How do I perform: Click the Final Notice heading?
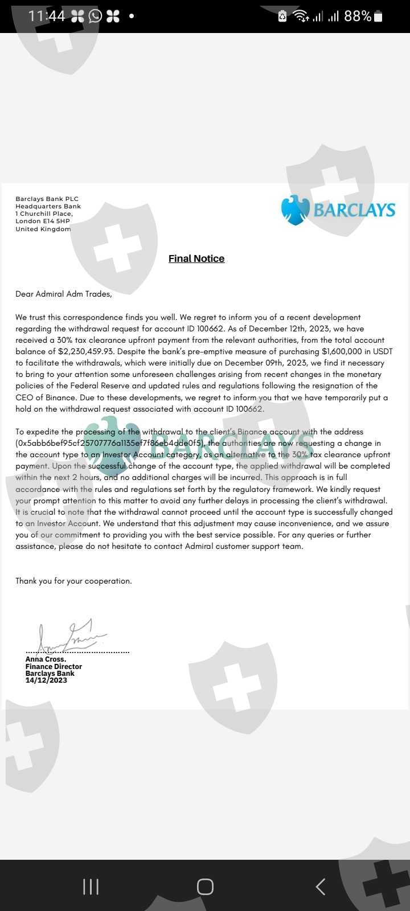pos(196,258)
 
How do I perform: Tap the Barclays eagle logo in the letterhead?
pos(295,210)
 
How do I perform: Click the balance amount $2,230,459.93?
pos(85,351)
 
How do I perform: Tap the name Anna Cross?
pos(46,659)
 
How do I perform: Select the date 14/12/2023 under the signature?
pos(46,680)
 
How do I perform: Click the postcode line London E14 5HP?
pos(43,221)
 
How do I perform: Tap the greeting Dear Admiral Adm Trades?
pos(64,294)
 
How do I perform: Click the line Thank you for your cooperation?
pos(73,581)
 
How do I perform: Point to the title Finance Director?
pos(54,667)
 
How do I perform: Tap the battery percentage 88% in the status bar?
pos(358,16)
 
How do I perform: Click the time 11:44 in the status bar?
pos(47,16)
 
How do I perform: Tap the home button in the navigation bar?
pos(205,887)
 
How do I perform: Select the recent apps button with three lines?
pos(91,887)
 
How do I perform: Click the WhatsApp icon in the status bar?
pos(95,16)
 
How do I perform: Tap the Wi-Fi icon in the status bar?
pos(300,16)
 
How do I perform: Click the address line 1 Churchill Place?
pos(44,214)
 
